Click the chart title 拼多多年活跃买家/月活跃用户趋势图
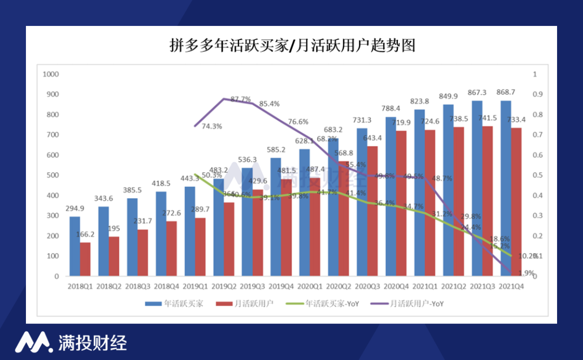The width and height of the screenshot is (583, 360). click(x=292, y=45)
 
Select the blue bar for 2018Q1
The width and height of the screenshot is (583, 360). click(x=74, y=246)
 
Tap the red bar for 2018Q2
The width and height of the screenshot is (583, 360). click(x=114, y=256)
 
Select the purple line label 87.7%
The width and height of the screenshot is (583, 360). click(x=241, y=99)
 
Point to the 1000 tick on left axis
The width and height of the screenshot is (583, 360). click(x=50, y=74)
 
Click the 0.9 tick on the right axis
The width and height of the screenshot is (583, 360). click(x=537, y=94)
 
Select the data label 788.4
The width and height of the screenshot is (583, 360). click(x=391, y=108)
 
